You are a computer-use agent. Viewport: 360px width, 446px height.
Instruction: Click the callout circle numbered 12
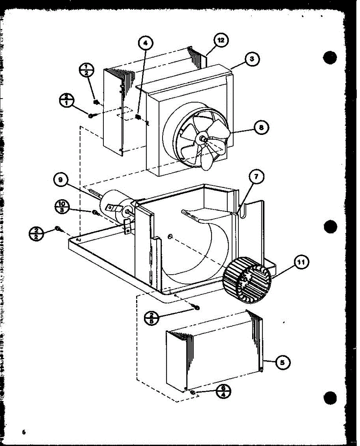221,41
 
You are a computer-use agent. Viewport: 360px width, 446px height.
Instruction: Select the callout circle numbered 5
283,362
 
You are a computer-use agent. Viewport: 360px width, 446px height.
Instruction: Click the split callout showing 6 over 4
223,391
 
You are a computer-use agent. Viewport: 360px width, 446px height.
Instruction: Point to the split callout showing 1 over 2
87,70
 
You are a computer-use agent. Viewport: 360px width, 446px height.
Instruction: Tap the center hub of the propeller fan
203,138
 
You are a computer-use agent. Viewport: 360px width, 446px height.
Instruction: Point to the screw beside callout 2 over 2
58,228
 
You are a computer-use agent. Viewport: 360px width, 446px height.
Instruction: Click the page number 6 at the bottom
23,432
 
